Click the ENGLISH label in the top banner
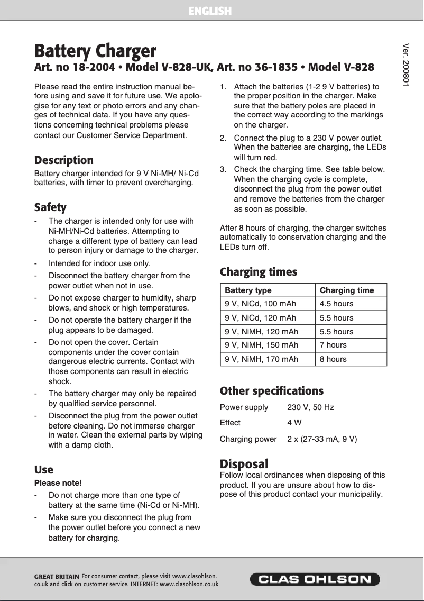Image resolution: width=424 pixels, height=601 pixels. point(210,11)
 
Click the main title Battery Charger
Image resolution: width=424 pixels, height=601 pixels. point(95,51)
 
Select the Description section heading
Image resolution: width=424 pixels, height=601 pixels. point(63,160)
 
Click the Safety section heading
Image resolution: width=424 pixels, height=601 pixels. point(50,207)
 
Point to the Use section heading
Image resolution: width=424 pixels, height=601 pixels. point(44,470)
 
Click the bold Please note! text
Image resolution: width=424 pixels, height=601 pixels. point(58,483)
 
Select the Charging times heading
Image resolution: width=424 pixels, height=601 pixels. point(259,272)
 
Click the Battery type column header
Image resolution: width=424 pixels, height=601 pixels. point(248,290)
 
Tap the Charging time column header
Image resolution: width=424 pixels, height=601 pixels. point(346,290)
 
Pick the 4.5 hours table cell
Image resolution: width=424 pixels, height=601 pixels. point(336,304)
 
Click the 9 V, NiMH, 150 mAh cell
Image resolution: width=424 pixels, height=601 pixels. point(261,345)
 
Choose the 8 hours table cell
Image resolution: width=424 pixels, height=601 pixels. point(333,359)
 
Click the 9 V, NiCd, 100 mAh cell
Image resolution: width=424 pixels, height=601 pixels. point(260,304)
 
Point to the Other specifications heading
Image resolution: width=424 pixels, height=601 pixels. point(271,391)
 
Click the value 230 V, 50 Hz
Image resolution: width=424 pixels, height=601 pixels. point(310,407)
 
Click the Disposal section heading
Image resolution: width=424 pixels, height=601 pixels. point(244,464)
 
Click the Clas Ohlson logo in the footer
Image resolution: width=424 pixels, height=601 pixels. point(315,579)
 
